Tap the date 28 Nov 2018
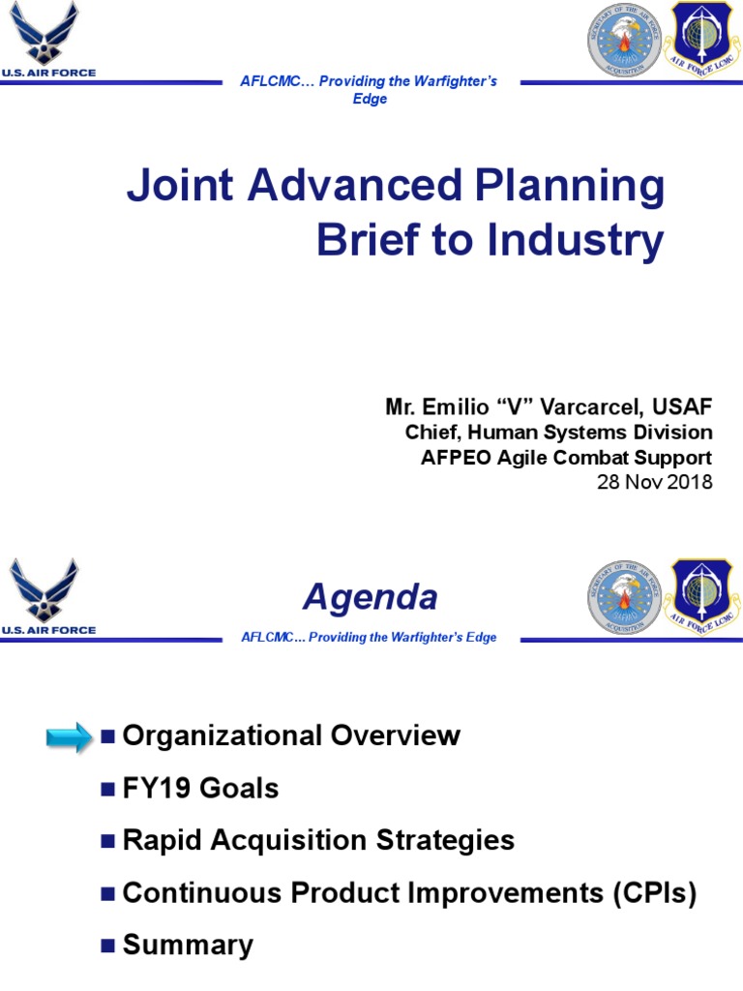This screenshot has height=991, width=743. (654, 481)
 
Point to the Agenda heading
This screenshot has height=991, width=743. (370, 597)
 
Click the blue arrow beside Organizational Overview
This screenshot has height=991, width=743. (71, 737)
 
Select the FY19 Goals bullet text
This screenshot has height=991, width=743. (201, 788)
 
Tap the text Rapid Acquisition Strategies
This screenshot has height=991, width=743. (318, 840)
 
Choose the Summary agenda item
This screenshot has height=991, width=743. (188, 945)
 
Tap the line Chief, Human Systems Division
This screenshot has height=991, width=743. (558, 433)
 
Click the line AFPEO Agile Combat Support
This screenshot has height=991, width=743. (566, 457)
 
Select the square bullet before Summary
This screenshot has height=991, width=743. (107, 945)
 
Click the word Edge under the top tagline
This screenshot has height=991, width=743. (370, 100)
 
